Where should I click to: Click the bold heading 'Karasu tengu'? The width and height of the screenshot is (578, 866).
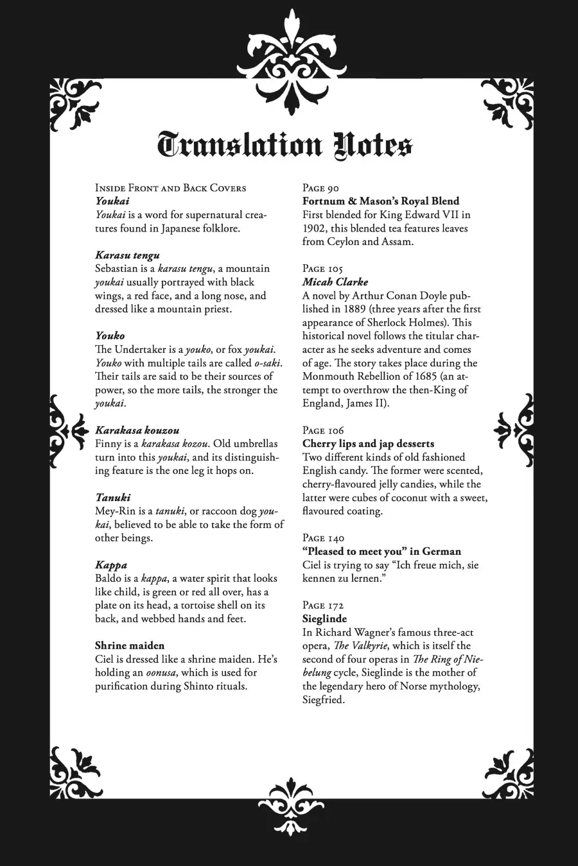(127, 255)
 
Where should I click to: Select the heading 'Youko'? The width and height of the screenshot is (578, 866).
(110, 335)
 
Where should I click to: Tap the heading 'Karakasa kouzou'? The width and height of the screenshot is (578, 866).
(137, 430)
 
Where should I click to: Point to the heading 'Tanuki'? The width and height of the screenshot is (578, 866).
(112, 498)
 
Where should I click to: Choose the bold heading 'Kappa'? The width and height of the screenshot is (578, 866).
(111, 565)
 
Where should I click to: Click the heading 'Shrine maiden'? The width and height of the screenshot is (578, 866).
(129, 645)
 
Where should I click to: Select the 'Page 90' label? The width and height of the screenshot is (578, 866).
(320, 188)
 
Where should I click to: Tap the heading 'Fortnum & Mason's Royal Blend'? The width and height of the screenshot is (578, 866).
(381, 201)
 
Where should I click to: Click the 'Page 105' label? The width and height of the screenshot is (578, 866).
(322, 269)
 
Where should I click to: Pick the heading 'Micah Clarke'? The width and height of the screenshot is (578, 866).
(335, 282)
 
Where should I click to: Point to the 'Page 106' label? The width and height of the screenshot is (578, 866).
(323, 430)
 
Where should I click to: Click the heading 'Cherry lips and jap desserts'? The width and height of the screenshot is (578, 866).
(368, 444)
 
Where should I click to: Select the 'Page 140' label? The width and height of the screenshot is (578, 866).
(323, 538)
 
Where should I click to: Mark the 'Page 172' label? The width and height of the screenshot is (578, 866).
(323, 606)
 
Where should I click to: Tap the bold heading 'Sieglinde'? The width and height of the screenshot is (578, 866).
(324, 619)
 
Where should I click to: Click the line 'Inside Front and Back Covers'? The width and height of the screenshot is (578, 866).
(170, 188)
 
